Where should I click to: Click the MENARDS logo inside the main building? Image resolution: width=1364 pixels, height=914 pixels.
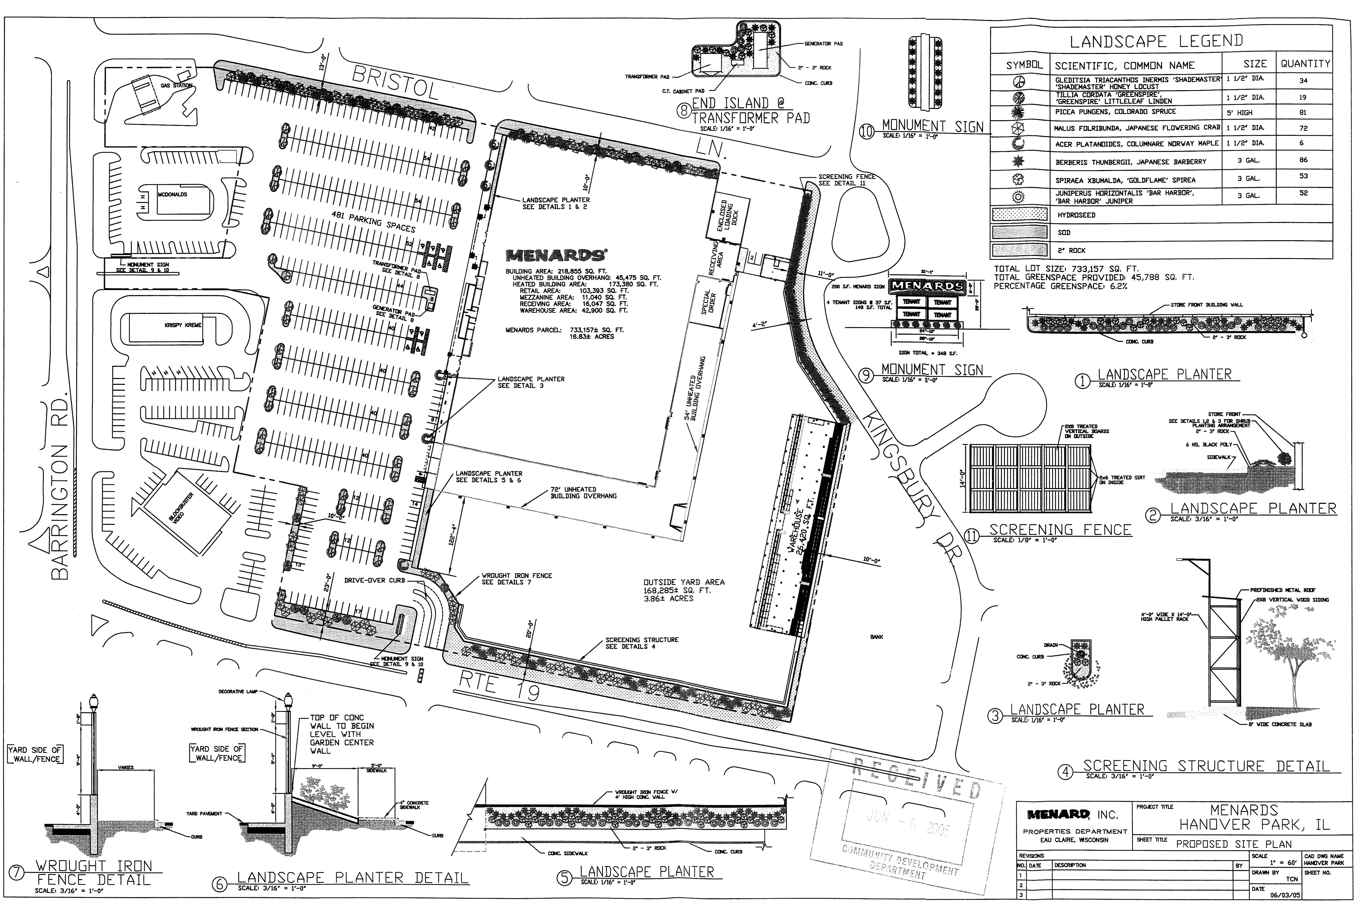556,255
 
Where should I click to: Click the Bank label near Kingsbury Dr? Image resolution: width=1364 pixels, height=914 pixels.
877,637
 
